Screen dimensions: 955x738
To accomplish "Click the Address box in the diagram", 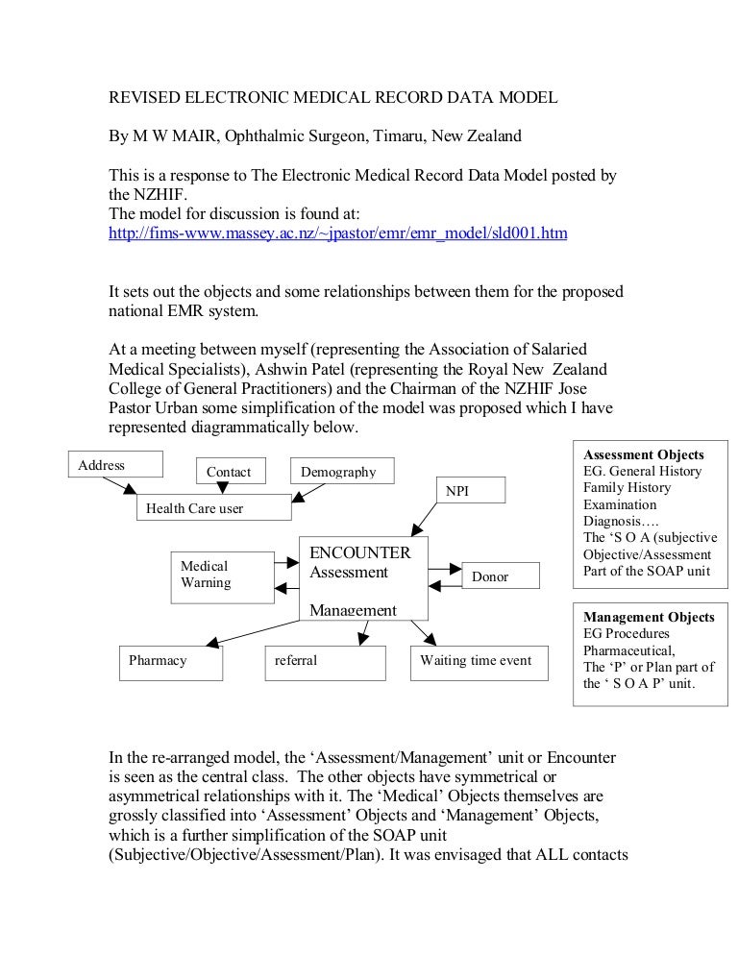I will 114,465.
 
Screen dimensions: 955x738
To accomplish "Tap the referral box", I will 326,662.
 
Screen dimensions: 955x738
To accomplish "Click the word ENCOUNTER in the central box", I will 360,552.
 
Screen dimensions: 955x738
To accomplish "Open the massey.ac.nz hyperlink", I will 336,233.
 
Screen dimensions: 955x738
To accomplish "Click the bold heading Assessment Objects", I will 644,454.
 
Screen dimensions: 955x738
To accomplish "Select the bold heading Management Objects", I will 649,617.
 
